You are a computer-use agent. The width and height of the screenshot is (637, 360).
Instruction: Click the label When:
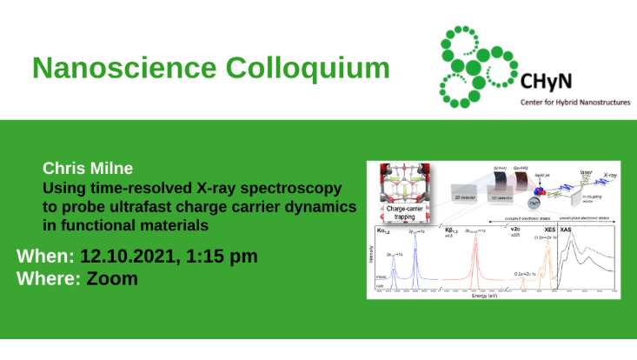tap(45, 258)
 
